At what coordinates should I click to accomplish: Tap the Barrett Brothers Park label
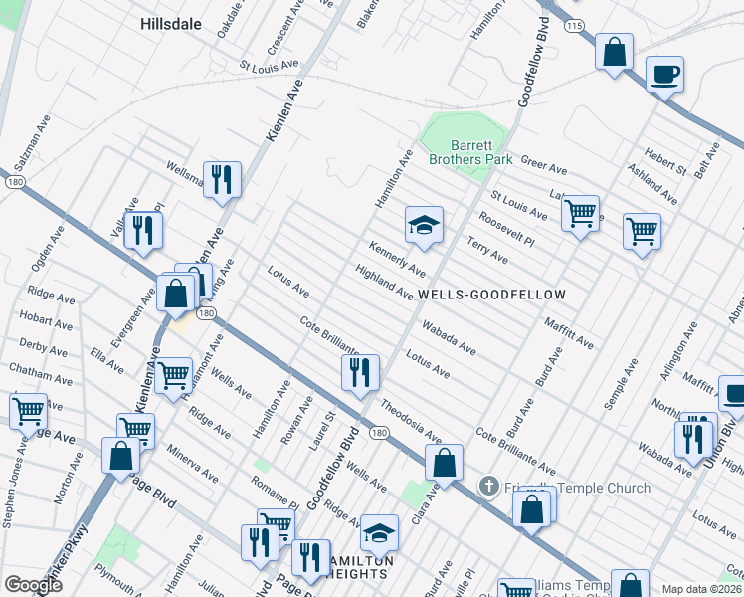pos(469,152)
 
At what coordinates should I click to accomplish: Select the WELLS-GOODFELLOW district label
pos(491,296)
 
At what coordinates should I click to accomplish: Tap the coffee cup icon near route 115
pos(664,74)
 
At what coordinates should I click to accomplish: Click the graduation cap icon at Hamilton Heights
pos(378,533)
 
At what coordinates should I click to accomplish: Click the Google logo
pos(33,585)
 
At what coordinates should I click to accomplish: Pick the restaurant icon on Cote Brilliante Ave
pos(359,371)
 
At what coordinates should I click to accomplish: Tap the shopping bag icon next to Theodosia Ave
pos(444,462)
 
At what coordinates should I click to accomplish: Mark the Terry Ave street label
pos(487,249)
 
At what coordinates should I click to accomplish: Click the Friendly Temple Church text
pos(577,488)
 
